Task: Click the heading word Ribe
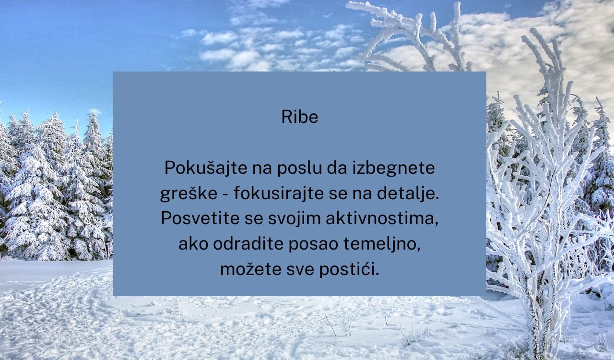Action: tap(300, 117)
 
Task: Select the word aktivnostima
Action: tap(382, 218)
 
